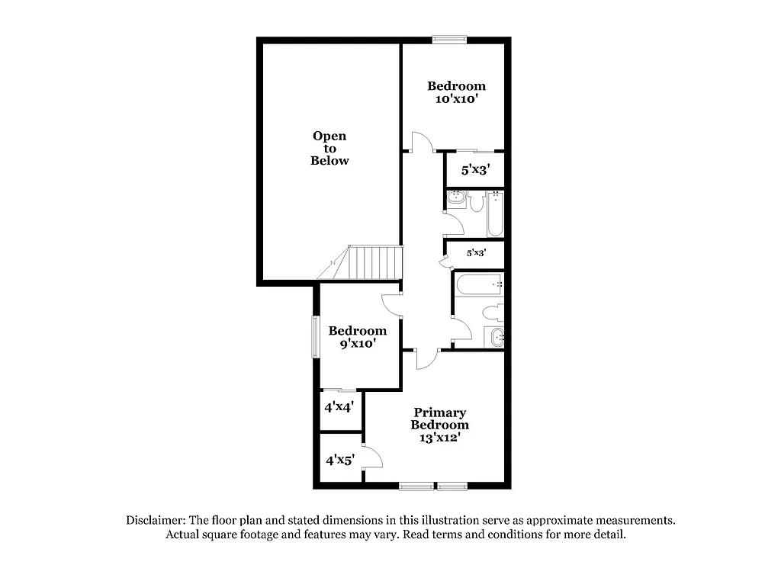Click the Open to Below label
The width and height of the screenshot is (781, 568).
tap(329, 148)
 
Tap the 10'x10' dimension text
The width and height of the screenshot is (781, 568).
tap(456, 99)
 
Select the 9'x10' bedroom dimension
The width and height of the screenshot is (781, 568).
tap(357, 344)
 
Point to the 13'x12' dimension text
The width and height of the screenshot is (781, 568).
tap(439, 438)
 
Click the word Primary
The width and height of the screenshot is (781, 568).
tap(440, 412)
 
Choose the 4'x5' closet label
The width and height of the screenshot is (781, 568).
tap(340, 460)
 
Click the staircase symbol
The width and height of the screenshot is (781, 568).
tap(374, 262)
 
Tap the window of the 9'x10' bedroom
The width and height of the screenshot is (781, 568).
tap(315, 336)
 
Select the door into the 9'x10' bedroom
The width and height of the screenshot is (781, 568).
tap(390, 304)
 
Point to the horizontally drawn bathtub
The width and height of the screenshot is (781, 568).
tap(478, 286)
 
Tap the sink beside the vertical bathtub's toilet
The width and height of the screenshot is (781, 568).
tap(457, 199)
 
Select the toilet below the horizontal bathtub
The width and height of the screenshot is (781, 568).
tap(491, 312)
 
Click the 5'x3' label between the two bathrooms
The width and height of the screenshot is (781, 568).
tap(476, 252)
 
